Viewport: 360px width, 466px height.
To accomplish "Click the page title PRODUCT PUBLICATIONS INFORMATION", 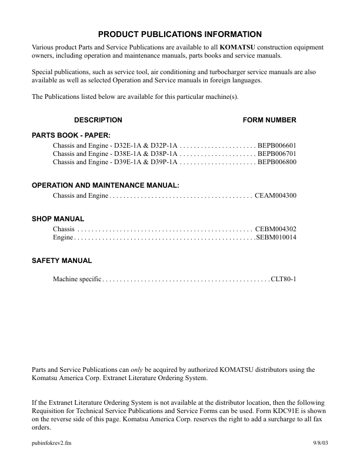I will [x=180, y=35].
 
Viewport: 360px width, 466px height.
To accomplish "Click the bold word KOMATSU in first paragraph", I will [x=238, y=46].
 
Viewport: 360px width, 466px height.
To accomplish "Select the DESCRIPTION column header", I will [x=98, y=120].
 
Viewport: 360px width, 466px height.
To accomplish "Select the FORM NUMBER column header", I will [x=269, y=120].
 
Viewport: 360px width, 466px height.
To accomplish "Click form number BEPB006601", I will [x=277, y=145].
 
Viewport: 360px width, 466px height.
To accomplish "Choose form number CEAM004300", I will [x=276, y=195].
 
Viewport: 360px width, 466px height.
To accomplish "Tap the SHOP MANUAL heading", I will [x=58, y=219].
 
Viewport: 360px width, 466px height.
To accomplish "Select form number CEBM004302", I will [x=276, y=228].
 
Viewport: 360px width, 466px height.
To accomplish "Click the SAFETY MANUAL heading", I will [x=62, y=260].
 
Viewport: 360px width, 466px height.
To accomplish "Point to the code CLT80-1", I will [x=284, y=278].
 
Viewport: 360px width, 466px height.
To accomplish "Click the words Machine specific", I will [x=77, y=278].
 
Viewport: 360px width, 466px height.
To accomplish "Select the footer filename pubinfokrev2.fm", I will [x=52, y=441].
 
